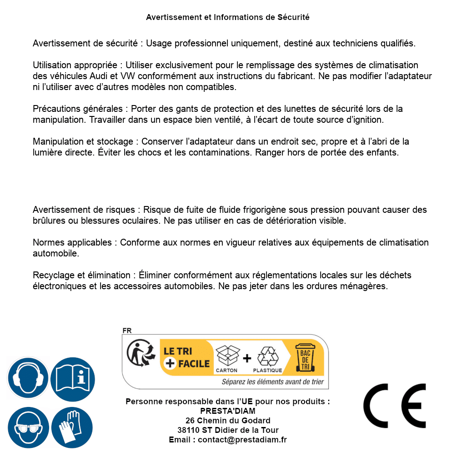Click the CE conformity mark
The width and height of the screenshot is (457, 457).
(x=394, y=406)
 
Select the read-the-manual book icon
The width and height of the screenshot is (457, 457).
(x=73, y=378)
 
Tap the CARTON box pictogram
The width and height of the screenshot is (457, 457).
(x=227, y=357)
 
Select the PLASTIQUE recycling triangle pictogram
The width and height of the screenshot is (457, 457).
(x=267, y=357)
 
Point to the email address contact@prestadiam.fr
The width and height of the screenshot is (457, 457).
(x=242, y=440)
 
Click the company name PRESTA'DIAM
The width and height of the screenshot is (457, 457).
(x=228, y=411)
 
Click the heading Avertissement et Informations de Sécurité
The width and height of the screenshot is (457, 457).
(x=228, y=17)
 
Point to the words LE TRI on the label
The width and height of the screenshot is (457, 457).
(x=178, y=351)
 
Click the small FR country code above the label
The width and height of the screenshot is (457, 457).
(x=127, y=331)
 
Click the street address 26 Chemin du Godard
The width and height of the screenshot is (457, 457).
(x=228, y=421)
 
